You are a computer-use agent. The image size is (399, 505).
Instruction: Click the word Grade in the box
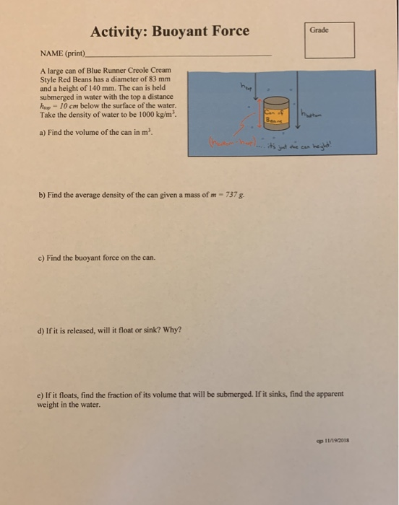click(319, 30)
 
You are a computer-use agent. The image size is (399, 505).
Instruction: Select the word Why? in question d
click(173, 330)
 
